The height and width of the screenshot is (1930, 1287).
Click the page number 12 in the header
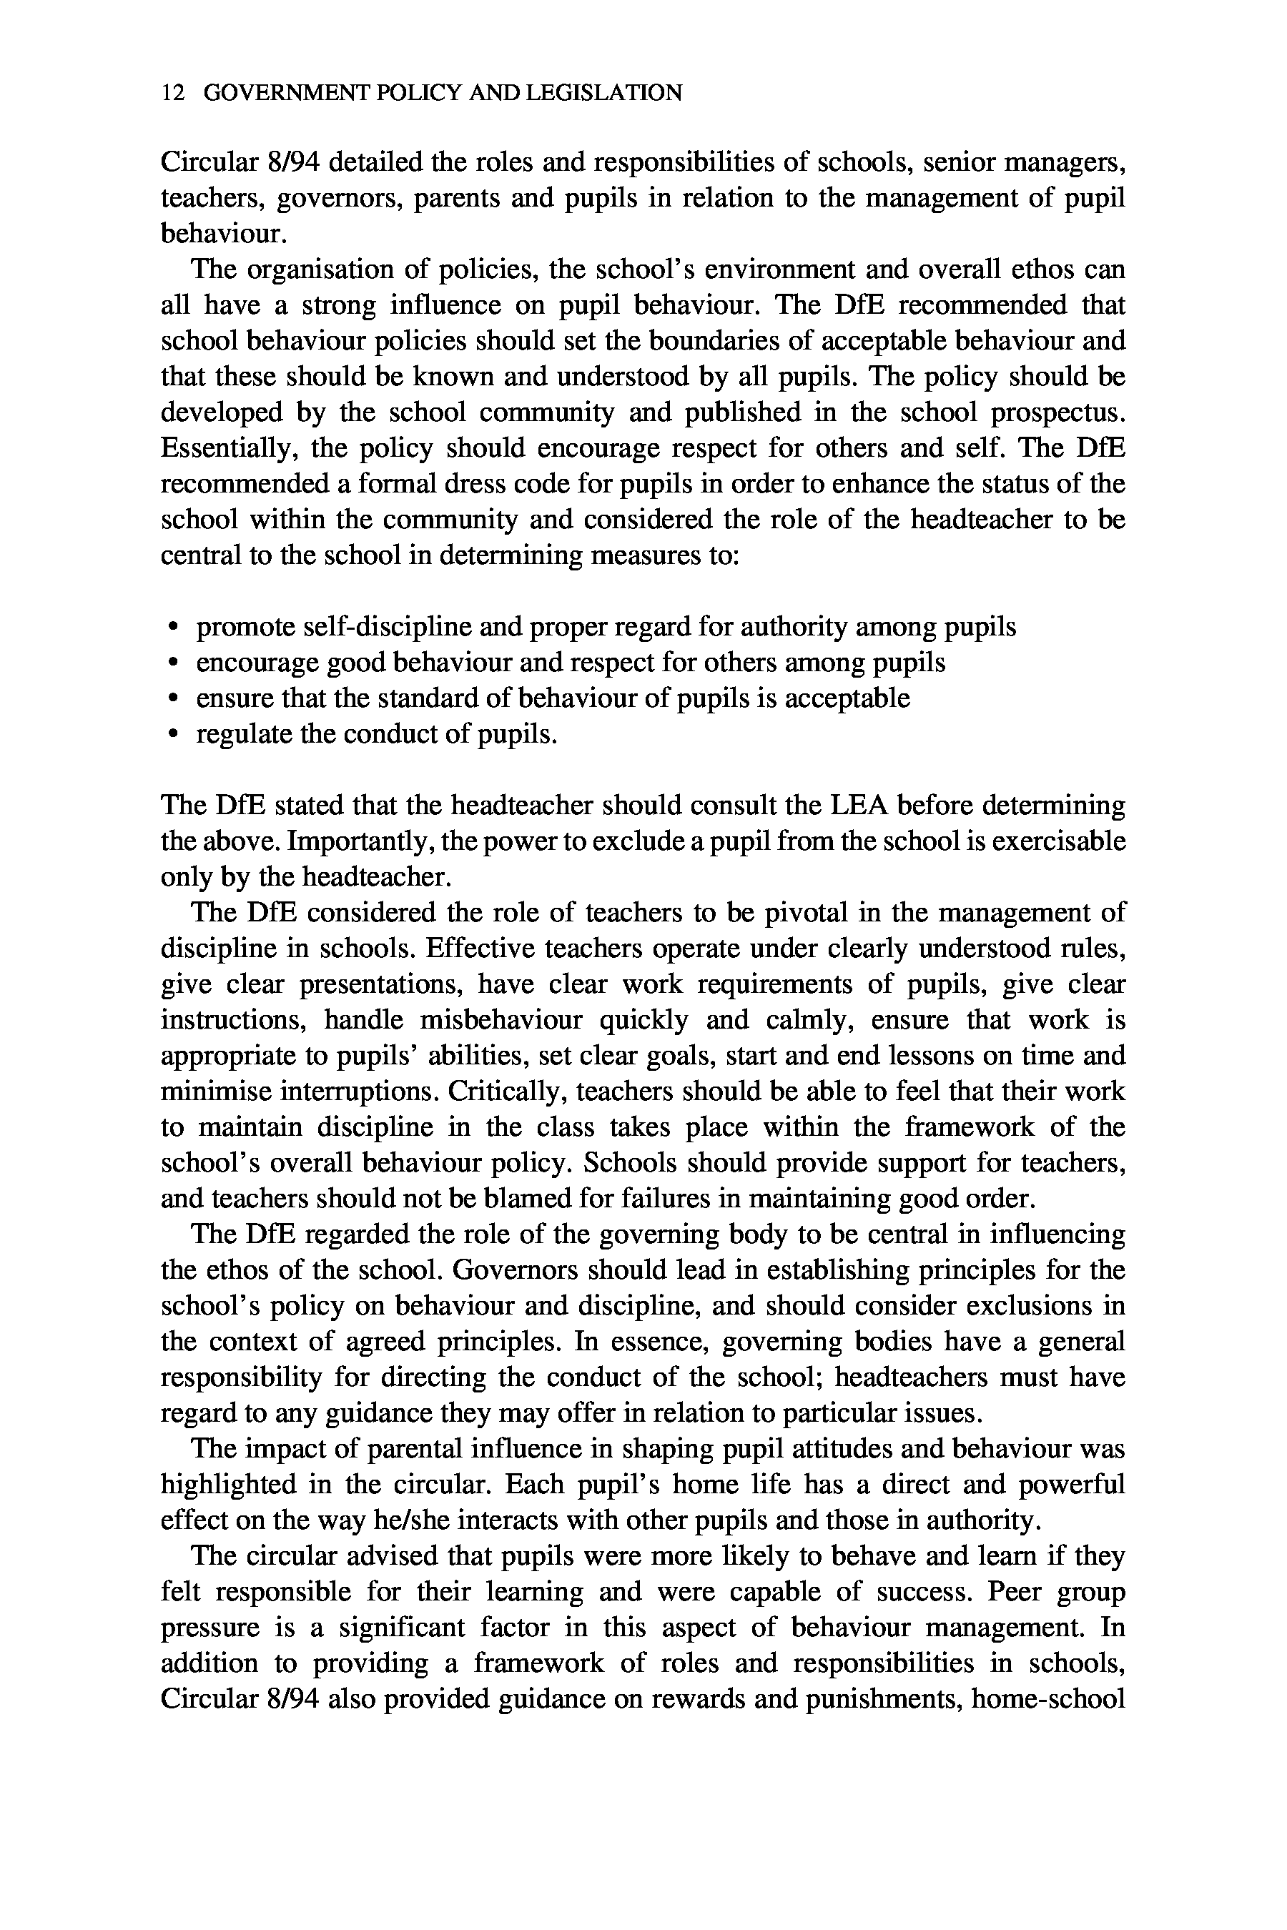[x=172, y=94]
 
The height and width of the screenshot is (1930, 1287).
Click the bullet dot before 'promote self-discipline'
[x=172, y=628]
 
